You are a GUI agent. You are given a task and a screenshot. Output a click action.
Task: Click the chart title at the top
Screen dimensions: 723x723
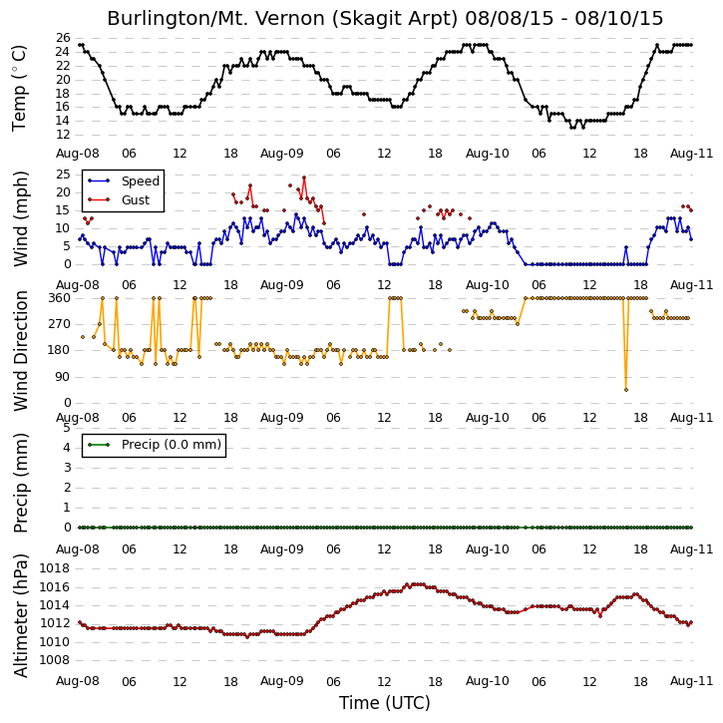(385, 18)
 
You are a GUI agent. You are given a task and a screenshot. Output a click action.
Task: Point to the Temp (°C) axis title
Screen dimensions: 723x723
(19, 88)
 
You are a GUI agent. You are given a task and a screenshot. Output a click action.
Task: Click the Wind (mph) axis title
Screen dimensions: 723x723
(20, 218)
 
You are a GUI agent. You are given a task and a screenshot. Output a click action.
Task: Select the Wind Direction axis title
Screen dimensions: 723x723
(20, 351)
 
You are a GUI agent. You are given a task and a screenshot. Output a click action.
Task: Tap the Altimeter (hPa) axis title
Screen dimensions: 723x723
(20, 615)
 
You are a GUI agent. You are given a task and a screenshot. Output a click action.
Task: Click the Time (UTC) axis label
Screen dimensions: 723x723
(385, 703)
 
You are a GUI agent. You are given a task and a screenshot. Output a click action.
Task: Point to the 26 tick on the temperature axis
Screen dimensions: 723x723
(63, 38)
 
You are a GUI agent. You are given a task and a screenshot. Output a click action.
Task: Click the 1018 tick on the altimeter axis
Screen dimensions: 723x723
(55, 568)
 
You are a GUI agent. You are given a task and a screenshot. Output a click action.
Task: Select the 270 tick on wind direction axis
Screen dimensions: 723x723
(60, 324)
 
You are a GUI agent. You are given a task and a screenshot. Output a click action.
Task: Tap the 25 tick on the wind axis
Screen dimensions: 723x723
(63, 175)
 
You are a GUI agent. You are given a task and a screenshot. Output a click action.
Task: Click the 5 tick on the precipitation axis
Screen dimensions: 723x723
(67, 428)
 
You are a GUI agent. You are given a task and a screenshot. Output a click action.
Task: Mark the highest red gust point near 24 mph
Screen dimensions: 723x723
(304, 178)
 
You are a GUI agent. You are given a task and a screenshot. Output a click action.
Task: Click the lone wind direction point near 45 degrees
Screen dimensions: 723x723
(626, 390)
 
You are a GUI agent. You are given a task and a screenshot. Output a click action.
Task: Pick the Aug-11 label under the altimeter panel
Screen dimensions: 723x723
(691, 681)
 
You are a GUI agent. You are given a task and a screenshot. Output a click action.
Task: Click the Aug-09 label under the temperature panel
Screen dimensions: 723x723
(282, 154)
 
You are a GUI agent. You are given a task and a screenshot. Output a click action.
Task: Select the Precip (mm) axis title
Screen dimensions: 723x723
(20, 484)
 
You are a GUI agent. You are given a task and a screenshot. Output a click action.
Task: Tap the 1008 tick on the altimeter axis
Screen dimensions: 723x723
(55, 660)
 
